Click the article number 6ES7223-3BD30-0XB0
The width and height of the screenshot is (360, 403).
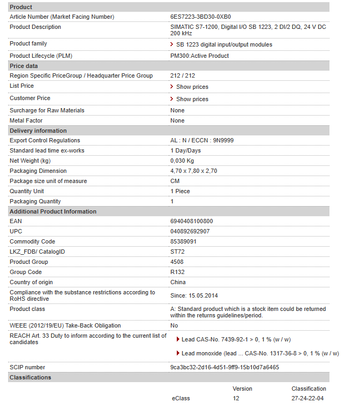tap(200, 17)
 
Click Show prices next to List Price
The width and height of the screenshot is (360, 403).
tap(192, 87)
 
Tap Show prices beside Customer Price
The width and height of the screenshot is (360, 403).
tap(192, 99)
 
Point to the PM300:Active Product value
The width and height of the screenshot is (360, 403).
tap(199, 56)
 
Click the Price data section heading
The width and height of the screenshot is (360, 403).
tap(24, 66)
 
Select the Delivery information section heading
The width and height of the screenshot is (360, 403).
tap(38, 131)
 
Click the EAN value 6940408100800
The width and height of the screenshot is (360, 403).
tap(191, 221)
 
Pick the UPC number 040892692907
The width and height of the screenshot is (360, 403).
tap(190, 231)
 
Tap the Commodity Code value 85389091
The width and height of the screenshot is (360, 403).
tap(183, 241)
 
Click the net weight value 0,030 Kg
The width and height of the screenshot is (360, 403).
tap(182, 161)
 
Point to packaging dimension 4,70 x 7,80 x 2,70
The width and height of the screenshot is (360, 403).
tap(193, 171)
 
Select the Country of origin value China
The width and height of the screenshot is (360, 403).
tap(178, 282)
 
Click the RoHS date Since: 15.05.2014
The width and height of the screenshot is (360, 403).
tap(194, 295)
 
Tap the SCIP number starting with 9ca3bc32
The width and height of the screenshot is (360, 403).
tap(224, 367)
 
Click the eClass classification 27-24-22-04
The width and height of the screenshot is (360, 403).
tap(309, 398)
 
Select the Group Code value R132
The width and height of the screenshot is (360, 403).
tap(177, 272)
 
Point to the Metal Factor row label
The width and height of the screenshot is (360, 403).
tap(26, 120)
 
